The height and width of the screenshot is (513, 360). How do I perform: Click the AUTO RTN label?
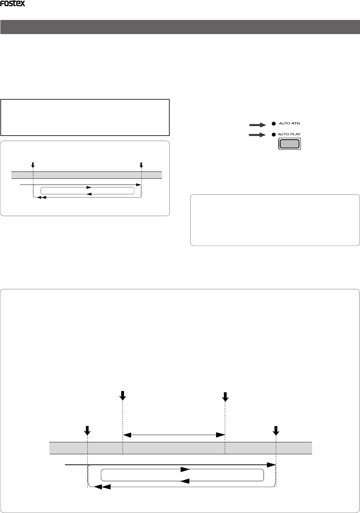pyautogui.click(x=289, y=124)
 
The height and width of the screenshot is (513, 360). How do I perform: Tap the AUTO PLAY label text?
pyautogui.click(x=289, y=134)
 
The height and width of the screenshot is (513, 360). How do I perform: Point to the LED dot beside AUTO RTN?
pyautogui.click(x=274, y=124)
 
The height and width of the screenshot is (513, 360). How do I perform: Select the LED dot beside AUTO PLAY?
pyautogui.click(x=274, y=135)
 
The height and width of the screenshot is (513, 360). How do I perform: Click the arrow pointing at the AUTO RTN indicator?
pyautogui.click(x=257, y=125)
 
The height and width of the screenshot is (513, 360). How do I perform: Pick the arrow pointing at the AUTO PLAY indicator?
pyautogui.click(x=257, y=135)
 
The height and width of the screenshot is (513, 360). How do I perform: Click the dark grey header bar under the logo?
pyautogui.click(x=180, y=27)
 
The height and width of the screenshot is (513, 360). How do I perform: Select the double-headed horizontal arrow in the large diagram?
pyautogui.click(x=174, y=434)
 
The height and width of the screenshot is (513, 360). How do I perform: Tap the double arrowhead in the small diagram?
pyautogui.click(x=41, y=198)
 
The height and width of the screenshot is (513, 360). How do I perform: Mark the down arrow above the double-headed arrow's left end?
pyautogui.click(x=123, y=396)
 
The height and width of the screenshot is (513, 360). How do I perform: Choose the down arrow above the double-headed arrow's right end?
pyautogui.click(x=225, y=397)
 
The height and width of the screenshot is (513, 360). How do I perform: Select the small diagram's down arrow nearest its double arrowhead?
pyautogui.click(x=33, y=165)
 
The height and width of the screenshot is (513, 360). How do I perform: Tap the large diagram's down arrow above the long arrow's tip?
pyautogui.click(x=276, y=430)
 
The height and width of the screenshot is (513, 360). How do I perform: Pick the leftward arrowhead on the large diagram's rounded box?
pyautogui.click(x=185, y=481)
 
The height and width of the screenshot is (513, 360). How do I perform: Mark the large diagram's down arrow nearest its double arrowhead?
pyautogui.click(x=87, y=430)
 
